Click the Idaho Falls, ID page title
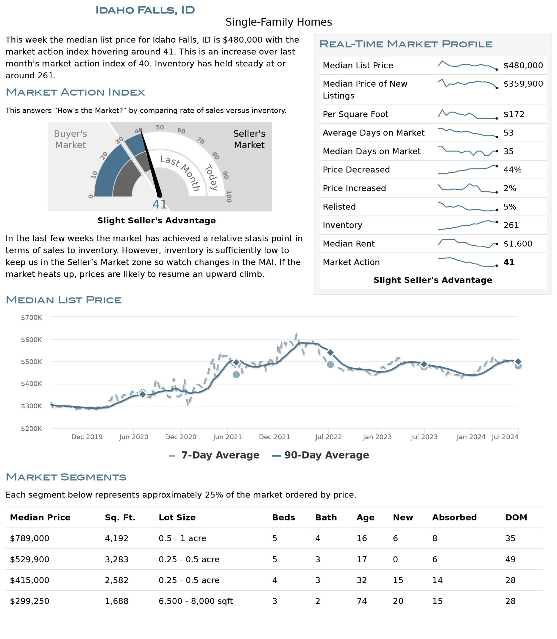tap(145, 10)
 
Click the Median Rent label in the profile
tap(348, 244)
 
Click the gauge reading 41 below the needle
tap(160, 204)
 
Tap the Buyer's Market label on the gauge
tap(71, 139)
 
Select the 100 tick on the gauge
tap(229, 197)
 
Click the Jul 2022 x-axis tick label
tap(328, 437)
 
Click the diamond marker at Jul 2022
tap(331, 352)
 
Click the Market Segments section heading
tap(66, 477)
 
